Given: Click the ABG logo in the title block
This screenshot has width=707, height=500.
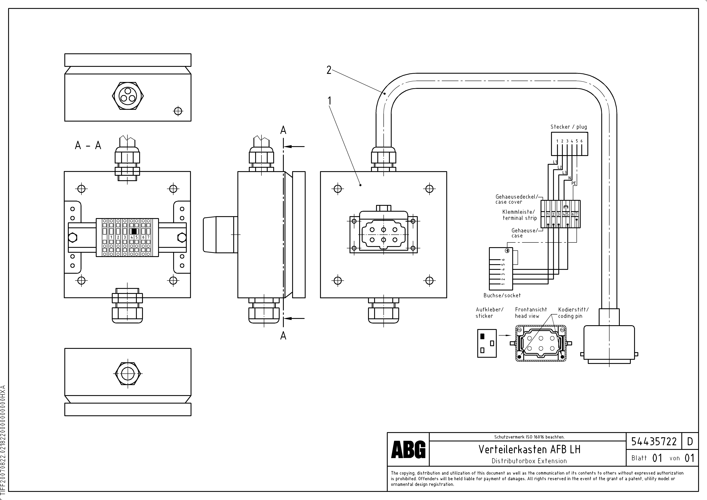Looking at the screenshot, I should pos(408,450).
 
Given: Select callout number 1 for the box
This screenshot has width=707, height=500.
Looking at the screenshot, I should pos(329,101).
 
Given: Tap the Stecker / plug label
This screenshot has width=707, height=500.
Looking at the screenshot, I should pos(568,127).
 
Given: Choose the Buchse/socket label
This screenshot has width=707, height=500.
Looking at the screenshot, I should pos(502,296).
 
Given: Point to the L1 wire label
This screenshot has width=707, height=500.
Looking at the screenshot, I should pos(555,162).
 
